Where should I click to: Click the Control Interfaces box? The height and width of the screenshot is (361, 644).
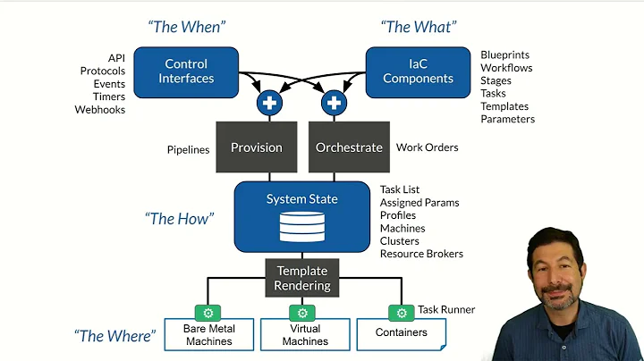186,71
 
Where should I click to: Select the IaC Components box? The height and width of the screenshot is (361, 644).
418,71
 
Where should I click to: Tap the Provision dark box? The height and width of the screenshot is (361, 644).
256,147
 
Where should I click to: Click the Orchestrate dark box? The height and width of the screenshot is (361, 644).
348,147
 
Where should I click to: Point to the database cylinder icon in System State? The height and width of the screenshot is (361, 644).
302,227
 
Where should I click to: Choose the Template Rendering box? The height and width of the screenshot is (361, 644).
302,278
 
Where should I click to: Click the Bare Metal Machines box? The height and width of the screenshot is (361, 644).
208,335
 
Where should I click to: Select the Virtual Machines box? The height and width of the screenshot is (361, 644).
304,335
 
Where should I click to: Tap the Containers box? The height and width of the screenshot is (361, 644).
401,333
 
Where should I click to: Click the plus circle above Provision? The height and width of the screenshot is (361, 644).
269,103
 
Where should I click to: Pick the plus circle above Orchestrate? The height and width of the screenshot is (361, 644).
334,103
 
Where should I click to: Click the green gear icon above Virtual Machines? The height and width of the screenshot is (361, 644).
303,313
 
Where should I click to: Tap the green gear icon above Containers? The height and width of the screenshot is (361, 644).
401,313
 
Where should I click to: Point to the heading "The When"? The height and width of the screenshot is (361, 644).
185,28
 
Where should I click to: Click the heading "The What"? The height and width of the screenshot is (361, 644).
417,28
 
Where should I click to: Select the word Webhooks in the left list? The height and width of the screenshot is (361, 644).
100,110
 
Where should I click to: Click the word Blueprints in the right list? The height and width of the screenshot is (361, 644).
504,55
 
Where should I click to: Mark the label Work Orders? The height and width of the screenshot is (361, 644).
427,147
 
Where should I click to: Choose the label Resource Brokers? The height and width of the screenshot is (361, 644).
421,254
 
